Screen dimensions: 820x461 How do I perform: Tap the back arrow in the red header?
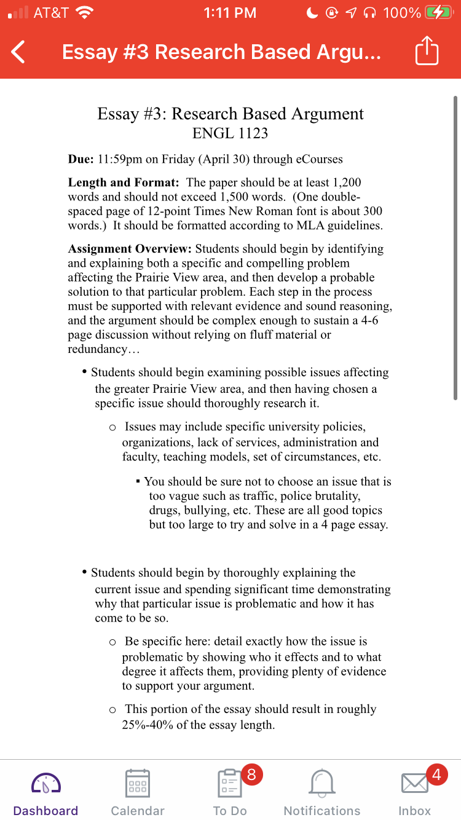click(18, 52)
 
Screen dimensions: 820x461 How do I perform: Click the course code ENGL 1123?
click(230, 133)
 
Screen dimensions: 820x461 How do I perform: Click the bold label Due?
click(81, 159)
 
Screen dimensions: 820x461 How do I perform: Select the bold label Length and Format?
click(124, 183)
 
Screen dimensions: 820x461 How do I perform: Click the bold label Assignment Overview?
click(130, 249)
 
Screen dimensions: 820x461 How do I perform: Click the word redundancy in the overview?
click(95, 349)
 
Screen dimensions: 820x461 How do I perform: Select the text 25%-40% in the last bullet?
click(148, 725)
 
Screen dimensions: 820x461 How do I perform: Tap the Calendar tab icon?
click(138, 783)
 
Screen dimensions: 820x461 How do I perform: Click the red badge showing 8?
click(251, 774)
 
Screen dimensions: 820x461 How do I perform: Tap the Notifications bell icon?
click(321, 783)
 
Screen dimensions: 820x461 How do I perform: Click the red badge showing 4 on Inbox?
click(436, 775)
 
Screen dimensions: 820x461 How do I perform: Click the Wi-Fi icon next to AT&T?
click(84, 12)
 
